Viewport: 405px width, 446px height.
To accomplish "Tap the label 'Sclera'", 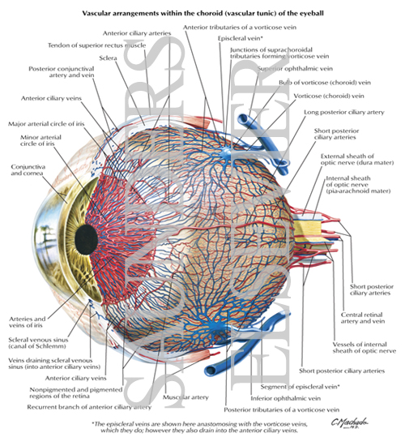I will click(106, 58).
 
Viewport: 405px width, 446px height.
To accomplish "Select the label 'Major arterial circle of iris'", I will click(50, 123).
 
